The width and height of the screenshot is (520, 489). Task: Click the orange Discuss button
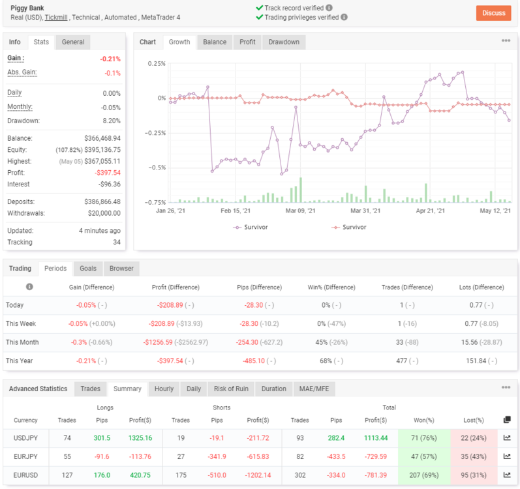493,13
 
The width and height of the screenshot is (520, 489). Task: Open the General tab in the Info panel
72,42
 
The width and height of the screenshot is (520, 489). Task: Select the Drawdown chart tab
284,42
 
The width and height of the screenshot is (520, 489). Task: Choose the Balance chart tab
215,42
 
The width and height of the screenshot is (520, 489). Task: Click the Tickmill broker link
56,18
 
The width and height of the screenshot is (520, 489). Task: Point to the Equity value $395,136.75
102,150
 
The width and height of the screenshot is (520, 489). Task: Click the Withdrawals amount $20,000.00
104,213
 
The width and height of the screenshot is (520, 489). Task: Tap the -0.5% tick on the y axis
157,168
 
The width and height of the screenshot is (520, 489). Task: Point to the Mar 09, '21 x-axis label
301,211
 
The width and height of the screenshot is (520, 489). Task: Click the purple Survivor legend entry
251,228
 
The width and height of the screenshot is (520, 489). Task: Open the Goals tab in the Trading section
88,269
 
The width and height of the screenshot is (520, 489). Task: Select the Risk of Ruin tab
231,389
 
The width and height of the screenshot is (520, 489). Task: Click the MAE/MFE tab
314,389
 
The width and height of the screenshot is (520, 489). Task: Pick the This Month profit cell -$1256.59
158,342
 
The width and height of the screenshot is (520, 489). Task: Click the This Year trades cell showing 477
402,361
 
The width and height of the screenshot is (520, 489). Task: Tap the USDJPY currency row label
25,438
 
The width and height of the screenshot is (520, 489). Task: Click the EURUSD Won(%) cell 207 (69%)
424,475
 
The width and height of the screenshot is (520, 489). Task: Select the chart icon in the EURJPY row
507,456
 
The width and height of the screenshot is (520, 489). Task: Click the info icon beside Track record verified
329,8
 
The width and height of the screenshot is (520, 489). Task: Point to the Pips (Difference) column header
259,288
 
